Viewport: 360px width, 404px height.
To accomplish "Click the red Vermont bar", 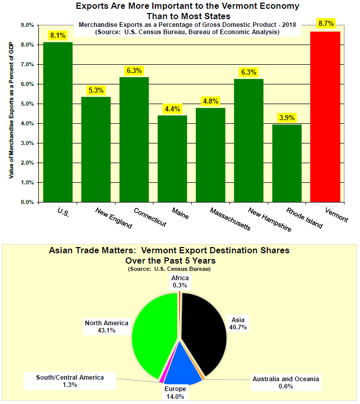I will [x=325, y=117].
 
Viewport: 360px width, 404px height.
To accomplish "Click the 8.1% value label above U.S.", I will [x=58, y=35].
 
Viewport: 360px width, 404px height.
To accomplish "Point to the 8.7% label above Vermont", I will [x=325, y=24].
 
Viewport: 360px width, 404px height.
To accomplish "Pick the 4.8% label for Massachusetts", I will [x=210, y=101].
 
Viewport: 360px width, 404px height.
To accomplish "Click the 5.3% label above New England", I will [x=96, y=90].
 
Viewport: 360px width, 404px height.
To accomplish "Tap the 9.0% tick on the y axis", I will [x=27, y=25].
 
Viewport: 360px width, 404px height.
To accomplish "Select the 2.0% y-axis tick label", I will [x=27, y=163].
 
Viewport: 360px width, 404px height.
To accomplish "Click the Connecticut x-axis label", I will [x=150, y=218].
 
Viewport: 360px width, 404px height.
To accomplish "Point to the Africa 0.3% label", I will [x=180, y=281].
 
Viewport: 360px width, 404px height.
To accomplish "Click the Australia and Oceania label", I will [x=286, y=382].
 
